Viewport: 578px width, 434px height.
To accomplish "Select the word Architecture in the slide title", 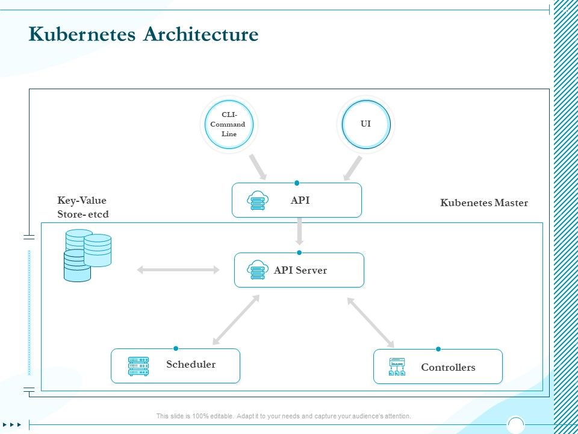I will click(200, 34).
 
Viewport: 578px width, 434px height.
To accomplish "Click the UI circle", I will click(365, 124).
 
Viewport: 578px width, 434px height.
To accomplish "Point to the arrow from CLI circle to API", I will click(258, 166).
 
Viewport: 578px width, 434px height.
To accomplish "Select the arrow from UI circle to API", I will click(353, 168).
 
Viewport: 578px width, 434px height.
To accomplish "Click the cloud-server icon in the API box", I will click(257, 201).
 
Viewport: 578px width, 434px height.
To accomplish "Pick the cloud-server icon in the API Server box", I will click(257, 270).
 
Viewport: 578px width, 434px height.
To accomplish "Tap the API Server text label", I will click(300, 270).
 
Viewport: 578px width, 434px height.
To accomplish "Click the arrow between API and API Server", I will click(299, 231).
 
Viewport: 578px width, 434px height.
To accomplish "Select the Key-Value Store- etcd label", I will click(83, 207).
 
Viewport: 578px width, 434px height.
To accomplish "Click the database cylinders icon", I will click(87, 256).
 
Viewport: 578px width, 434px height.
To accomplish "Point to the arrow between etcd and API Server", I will click(179, 270).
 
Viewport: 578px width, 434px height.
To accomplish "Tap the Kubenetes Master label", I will click(484, 203).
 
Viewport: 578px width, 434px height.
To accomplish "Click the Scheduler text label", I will click(191, 364).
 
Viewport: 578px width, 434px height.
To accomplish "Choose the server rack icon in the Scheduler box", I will click(138, 366).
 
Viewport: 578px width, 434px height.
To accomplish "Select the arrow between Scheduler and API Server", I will click(235, 320).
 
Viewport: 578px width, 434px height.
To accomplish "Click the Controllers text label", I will click(448, 367).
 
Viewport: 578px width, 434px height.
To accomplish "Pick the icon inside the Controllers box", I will click(397, 367).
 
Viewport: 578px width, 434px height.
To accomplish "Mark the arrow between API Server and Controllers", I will click(371, 322).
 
